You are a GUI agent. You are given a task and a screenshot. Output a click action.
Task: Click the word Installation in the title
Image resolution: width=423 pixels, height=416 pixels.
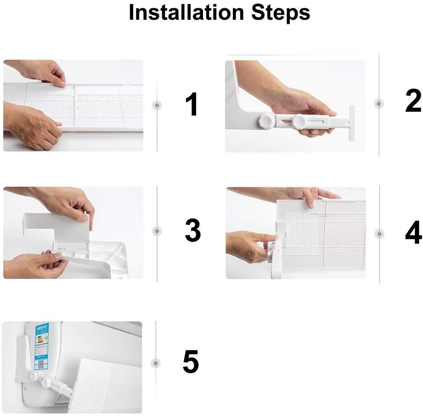(x=186, y=12)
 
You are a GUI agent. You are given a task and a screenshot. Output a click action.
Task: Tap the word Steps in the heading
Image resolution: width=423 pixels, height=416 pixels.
(x=281, y=13)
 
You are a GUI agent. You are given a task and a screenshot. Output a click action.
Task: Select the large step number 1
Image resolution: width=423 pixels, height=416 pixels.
(x=192, y=105)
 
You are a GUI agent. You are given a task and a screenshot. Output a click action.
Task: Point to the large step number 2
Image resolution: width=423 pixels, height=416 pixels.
(x=413, y=102)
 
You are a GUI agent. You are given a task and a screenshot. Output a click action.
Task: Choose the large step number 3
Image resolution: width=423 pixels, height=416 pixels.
(x=193, y=231)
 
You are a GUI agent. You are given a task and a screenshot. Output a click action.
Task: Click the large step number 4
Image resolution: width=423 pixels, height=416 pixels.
(x=413, y=233)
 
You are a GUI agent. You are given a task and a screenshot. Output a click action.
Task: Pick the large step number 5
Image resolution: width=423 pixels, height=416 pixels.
(x=191, y=362)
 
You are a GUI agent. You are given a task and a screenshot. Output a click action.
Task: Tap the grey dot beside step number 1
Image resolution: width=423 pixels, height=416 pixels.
(x=158, y=105)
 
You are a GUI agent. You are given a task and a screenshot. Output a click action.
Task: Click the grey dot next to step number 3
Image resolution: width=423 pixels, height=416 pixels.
(x=158, y=231)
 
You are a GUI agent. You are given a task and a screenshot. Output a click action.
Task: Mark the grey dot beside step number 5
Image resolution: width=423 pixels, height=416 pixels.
(x=157, y=364)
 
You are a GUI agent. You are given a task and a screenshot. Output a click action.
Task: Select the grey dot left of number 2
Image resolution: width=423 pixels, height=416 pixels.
(x=378, y=104)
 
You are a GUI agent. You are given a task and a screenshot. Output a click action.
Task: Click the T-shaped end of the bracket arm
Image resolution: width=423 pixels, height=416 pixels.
(x=351, y=122)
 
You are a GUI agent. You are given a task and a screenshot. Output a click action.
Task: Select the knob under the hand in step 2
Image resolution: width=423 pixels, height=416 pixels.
(x=301, y=122)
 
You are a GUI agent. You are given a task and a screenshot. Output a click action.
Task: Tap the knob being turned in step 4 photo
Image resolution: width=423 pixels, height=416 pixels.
(x=271, y=246)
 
